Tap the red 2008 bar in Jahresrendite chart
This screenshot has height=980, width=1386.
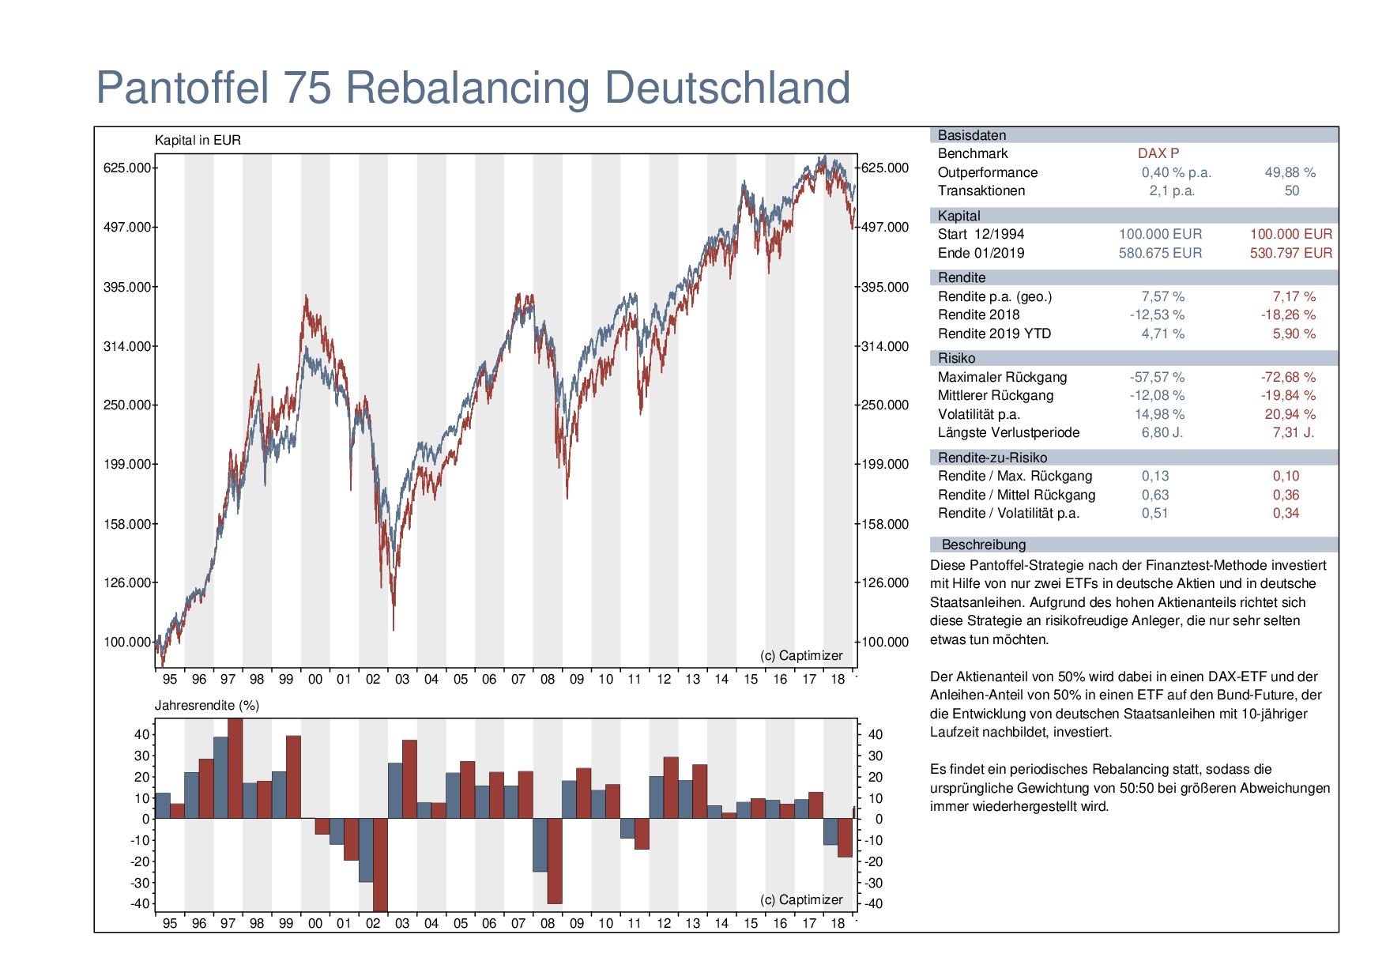(x=555, y=861)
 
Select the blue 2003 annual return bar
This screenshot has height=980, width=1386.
(x=395, y=790)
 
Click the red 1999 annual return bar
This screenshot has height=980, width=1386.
(x=293, y=777)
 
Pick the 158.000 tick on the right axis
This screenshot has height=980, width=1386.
(x=886, y=524)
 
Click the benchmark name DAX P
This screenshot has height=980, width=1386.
(x=1158, y=153)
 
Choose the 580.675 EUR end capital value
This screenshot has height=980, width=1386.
(x=1160, y=253)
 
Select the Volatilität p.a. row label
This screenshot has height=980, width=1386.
(x=979, y=414)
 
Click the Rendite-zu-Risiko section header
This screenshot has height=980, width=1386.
(x=992, y=458)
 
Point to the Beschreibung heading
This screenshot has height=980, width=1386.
(x=984, y=545)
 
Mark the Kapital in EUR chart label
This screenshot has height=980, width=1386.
(x=198, y=140)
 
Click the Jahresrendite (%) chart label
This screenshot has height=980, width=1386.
(x=207, y=705)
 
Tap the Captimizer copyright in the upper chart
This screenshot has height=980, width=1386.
(x=801, y=655)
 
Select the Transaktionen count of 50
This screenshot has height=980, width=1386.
(x=1292, y=190)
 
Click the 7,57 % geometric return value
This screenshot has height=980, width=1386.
(x=1163, y=296)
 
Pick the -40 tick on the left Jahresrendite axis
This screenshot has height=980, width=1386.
(x=141, y=903)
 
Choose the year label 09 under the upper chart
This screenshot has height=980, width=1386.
(x=577, y=679)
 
